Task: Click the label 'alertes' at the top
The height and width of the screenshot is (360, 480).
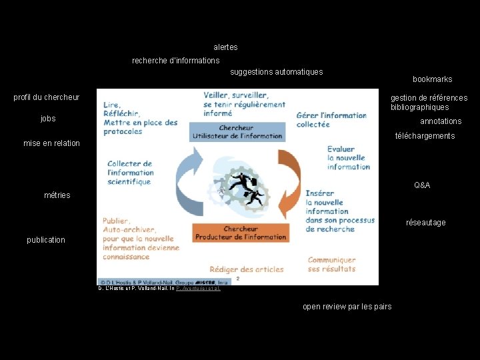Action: click(x=225, y=47)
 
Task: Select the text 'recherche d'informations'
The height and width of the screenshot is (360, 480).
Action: click(x=175, y=61)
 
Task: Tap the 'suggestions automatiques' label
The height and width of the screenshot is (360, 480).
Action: click(x=276, y=72)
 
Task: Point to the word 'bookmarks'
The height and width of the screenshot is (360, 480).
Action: click(x=432, y=79)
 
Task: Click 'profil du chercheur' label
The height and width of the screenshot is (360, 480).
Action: click(x=47, y=97)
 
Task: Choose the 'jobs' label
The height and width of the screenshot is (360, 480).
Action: click(x=48, y=119)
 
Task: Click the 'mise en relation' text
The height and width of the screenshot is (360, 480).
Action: click(x=51, y=143)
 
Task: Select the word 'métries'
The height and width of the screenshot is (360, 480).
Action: click(x=57, y=195)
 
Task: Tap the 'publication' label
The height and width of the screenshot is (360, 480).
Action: click(x=46, y=240)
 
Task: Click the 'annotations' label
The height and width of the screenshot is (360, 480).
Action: click(x=441, y=121)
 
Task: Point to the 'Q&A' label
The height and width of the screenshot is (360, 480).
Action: click(x=422, y=185)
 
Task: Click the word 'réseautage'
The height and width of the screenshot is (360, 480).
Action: click(x=426, y=223)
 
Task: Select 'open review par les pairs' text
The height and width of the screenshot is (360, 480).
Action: click(x=347, y=307)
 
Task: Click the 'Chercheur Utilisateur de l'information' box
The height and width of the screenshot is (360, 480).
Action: click(x=237, y=132)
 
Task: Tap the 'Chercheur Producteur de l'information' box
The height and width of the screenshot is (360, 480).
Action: click(x=240, y=233)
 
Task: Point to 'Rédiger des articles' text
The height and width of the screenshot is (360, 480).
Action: click(x=247, y=269)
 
